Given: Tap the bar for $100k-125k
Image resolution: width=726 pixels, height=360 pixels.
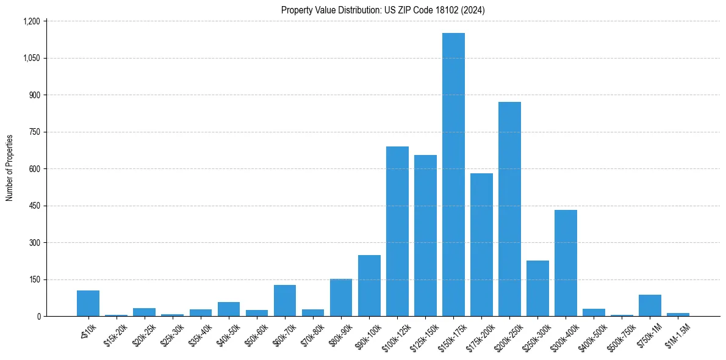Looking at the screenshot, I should [397, 231].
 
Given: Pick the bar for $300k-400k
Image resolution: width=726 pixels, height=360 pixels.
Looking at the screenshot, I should [566, 263].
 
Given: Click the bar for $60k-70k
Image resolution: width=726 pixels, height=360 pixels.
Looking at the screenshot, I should [285, 301].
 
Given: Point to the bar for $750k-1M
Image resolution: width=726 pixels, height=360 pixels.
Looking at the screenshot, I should [650, 306].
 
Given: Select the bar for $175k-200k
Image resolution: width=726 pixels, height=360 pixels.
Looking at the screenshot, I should [481, 245].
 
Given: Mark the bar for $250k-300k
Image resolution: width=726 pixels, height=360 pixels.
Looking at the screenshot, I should [537, 289].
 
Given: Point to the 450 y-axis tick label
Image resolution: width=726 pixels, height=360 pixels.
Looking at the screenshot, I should [34, 206].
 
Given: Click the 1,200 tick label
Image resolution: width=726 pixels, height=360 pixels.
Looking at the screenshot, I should [31, 21].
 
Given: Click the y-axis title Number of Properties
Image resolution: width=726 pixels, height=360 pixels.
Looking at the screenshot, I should [10, 167].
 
